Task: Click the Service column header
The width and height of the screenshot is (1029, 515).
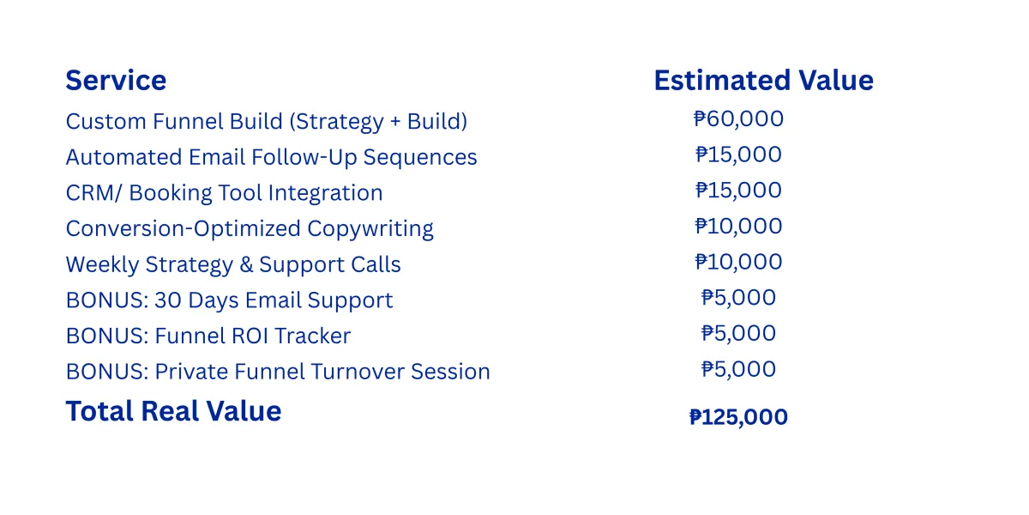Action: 116,81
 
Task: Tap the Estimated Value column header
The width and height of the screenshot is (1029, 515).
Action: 763,81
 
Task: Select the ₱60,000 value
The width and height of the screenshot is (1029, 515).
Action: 738,118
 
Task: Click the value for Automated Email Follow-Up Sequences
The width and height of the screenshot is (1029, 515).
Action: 738,154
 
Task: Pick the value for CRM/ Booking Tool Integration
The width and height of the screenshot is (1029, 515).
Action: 738,190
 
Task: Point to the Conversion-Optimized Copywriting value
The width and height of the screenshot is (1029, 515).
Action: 738,226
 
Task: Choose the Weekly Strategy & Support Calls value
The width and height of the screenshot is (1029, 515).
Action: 738,262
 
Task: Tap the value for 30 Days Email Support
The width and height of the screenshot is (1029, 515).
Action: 738,298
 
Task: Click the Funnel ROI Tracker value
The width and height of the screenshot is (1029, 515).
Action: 738,333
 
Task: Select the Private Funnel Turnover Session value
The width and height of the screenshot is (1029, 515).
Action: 738,369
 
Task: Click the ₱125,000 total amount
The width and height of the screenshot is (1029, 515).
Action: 738,417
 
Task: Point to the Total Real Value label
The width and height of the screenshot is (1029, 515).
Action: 173,410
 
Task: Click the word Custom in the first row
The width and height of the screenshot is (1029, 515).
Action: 105,121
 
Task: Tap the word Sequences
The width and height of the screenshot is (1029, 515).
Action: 420,157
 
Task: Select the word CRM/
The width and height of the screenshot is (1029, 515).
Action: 93,192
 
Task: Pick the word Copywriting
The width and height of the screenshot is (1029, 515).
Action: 370,229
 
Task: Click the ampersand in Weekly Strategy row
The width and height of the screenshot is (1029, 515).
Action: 246,264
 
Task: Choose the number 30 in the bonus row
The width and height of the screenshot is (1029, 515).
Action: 168,300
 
